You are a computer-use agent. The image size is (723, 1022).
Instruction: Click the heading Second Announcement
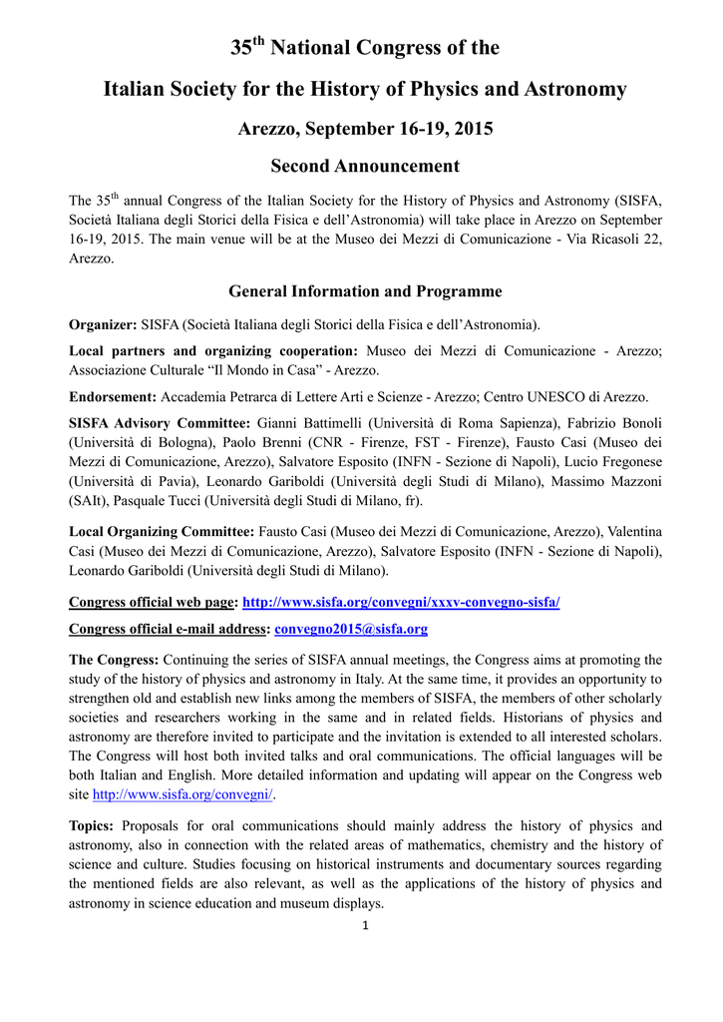pyautogui.click(x=365, y=167)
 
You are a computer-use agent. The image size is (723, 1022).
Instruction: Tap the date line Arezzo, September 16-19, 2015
pyautogui.click(x=365, y=129)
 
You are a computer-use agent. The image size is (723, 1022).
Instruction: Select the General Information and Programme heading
pyautogui.click(x=365, y=291)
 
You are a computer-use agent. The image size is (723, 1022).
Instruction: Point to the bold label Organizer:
pyautogui.click(x=103, y=324)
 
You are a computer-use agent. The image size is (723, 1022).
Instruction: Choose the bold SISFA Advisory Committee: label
pyautogui.click(x=160, y=423)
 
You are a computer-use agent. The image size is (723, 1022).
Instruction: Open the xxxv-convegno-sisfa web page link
pyautogui.click(x=402, y=602)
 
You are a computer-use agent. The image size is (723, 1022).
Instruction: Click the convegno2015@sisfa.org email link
pyautogui.click(x=351, y=629)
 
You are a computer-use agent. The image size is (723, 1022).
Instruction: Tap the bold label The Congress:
pyautogui.click(x=114, y=660)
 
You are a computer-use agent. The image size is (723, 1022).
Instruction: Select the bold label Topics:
pyautogui.click(x=91, y=825)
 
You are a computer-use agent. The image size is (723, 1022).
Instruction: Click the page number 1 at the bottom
pyautogui.click(x=366, y=926)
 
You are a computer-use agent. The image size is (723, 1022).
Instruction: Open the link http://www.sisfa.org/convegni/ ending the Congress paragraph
pyautogui.click(x=183, y=794)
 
